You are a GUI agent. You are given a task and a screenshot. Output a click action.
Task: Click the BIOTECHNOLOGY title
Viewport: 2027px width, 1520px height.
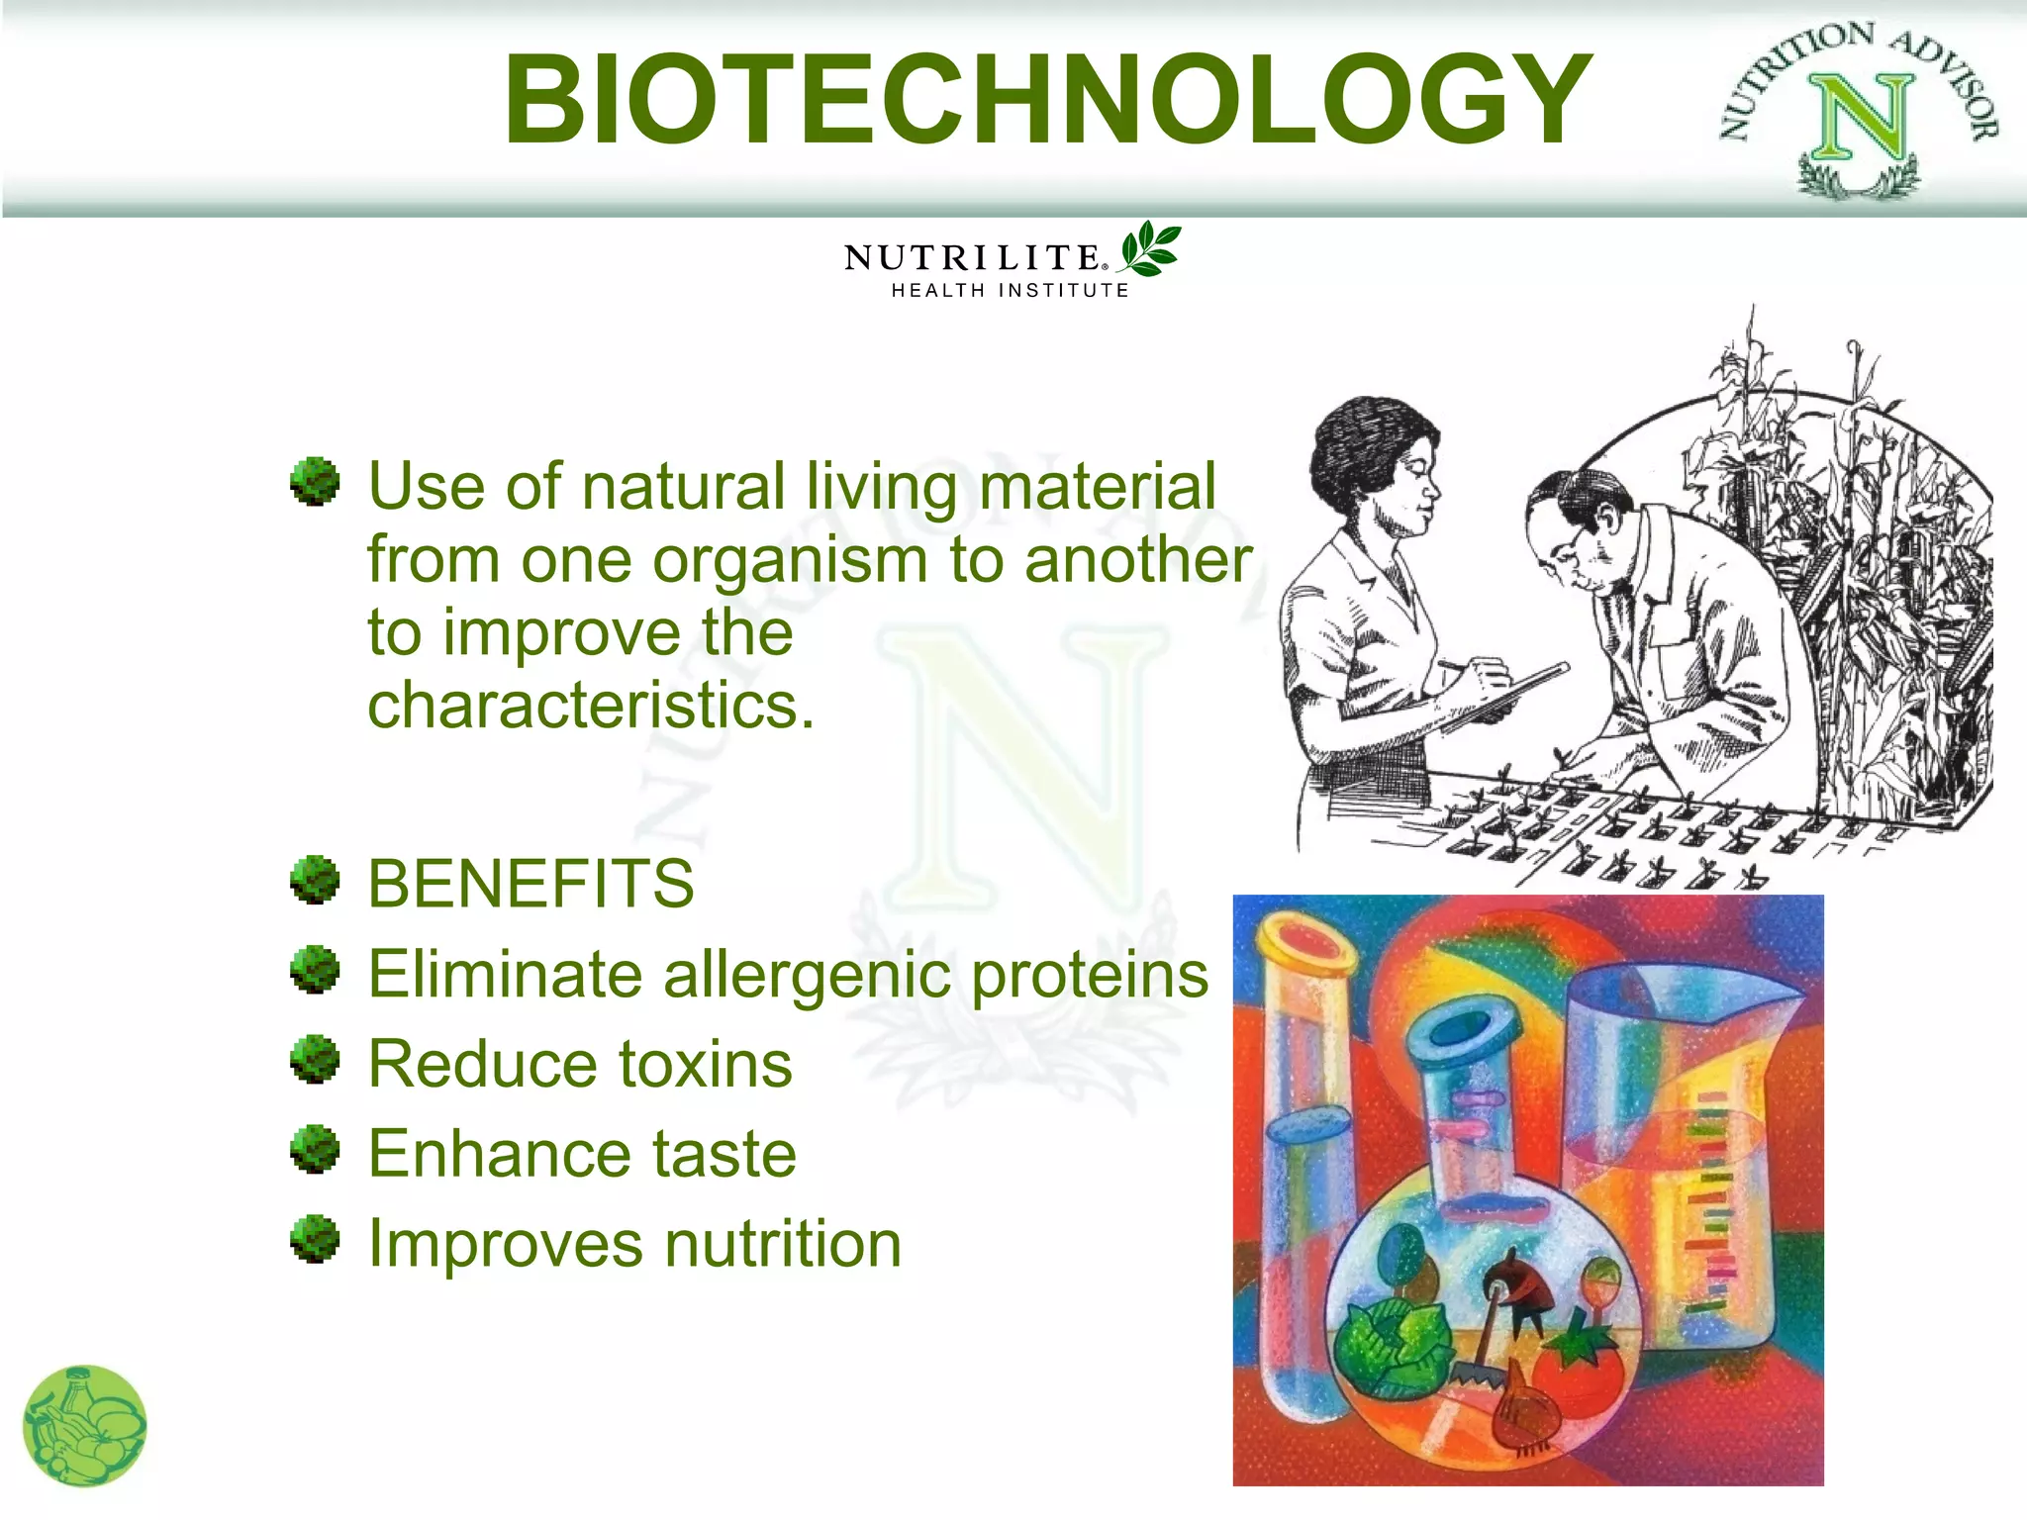click(x=1047, y=99)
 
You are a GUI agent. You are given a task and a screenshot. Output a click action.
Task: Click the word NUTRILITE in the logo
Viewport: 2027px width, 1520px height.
click(x=972, y=258)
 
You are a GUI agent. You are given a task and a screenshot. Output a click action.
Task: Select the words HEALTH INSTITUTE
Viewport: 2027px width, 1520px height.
click(x=1010, y=291)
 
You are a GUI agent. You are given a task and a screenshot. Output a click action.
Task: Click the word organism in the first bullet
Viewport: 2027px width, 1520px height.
click(x=791, y=561)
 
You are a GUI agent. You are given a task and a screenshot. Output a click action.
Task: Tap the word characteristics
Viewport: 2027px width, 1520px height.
click(x=590, y=707)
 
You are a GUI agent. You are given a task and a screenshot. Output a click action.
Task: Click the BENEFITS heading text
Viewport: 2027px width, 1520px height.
click(x=531, y=884)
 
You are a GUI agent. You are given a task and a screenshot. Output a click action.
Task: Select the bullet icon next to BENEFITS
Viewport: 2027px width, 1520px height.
click(x=315, y=880)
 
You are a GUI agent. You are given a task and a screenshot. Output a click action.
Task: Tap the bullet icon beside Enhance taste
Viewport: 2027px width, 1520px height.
click(x=315, y=1149)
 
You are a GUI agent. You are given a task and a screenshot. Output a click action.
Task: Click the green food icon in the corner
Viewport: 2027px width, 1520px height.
click(x=85, y=1426)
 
